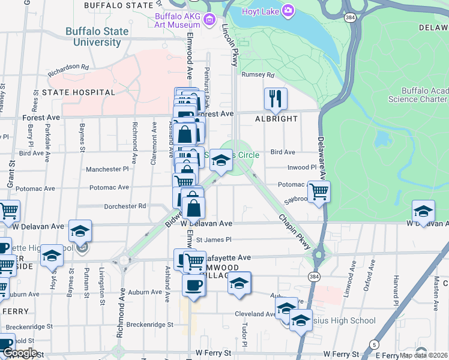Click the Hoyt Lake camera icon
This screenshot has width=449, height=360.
289,11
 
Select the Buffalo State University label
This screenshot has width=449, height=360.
97,37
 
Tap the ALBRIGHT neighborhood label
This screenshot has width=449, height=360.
276,119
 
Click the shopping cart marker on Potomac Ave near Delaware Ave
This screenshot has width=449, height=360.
319,192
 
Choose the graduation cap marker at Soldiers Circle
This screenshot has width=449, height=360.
221,160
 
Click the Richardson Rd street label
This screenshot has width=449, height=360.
69,67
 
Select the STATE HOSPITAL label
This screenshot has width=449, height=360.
78,92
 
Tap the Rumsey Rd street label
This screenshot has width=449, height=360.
258,75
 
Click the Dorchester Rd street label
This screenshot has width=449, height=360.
125,206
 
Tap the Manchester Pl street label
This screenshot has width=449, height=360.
107,170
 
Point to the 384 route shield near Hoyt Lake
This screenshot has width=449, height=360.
349,18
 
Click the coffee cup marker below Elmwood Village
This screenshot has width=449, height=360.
193,285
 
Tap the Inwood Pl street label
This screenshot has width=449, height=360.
301,167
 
